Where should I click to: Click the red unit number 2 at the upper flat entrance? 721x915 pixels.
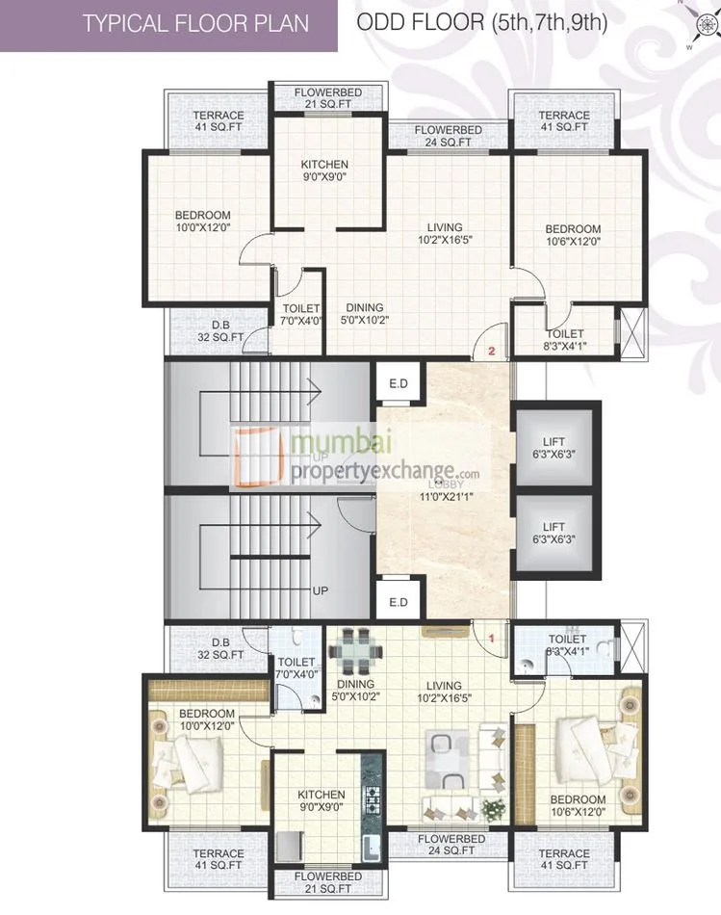tap(491, 352)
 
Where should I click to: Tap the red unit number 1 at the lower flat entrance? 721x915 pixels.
tap(491, 637)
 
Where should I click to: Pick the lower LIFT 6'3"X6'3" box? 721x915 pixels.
tap(553, 534)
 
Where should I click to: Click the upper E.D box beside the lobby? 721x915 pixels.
tap(399, 383)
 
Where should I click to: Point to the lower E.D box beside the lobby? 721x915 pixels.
tap(399, 602)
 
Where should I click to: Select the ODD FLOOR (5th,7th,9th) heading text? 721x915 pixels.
tap(482, 22)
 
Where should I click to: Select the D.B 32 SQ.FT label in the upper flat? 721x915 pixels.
tap(220, 330)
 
